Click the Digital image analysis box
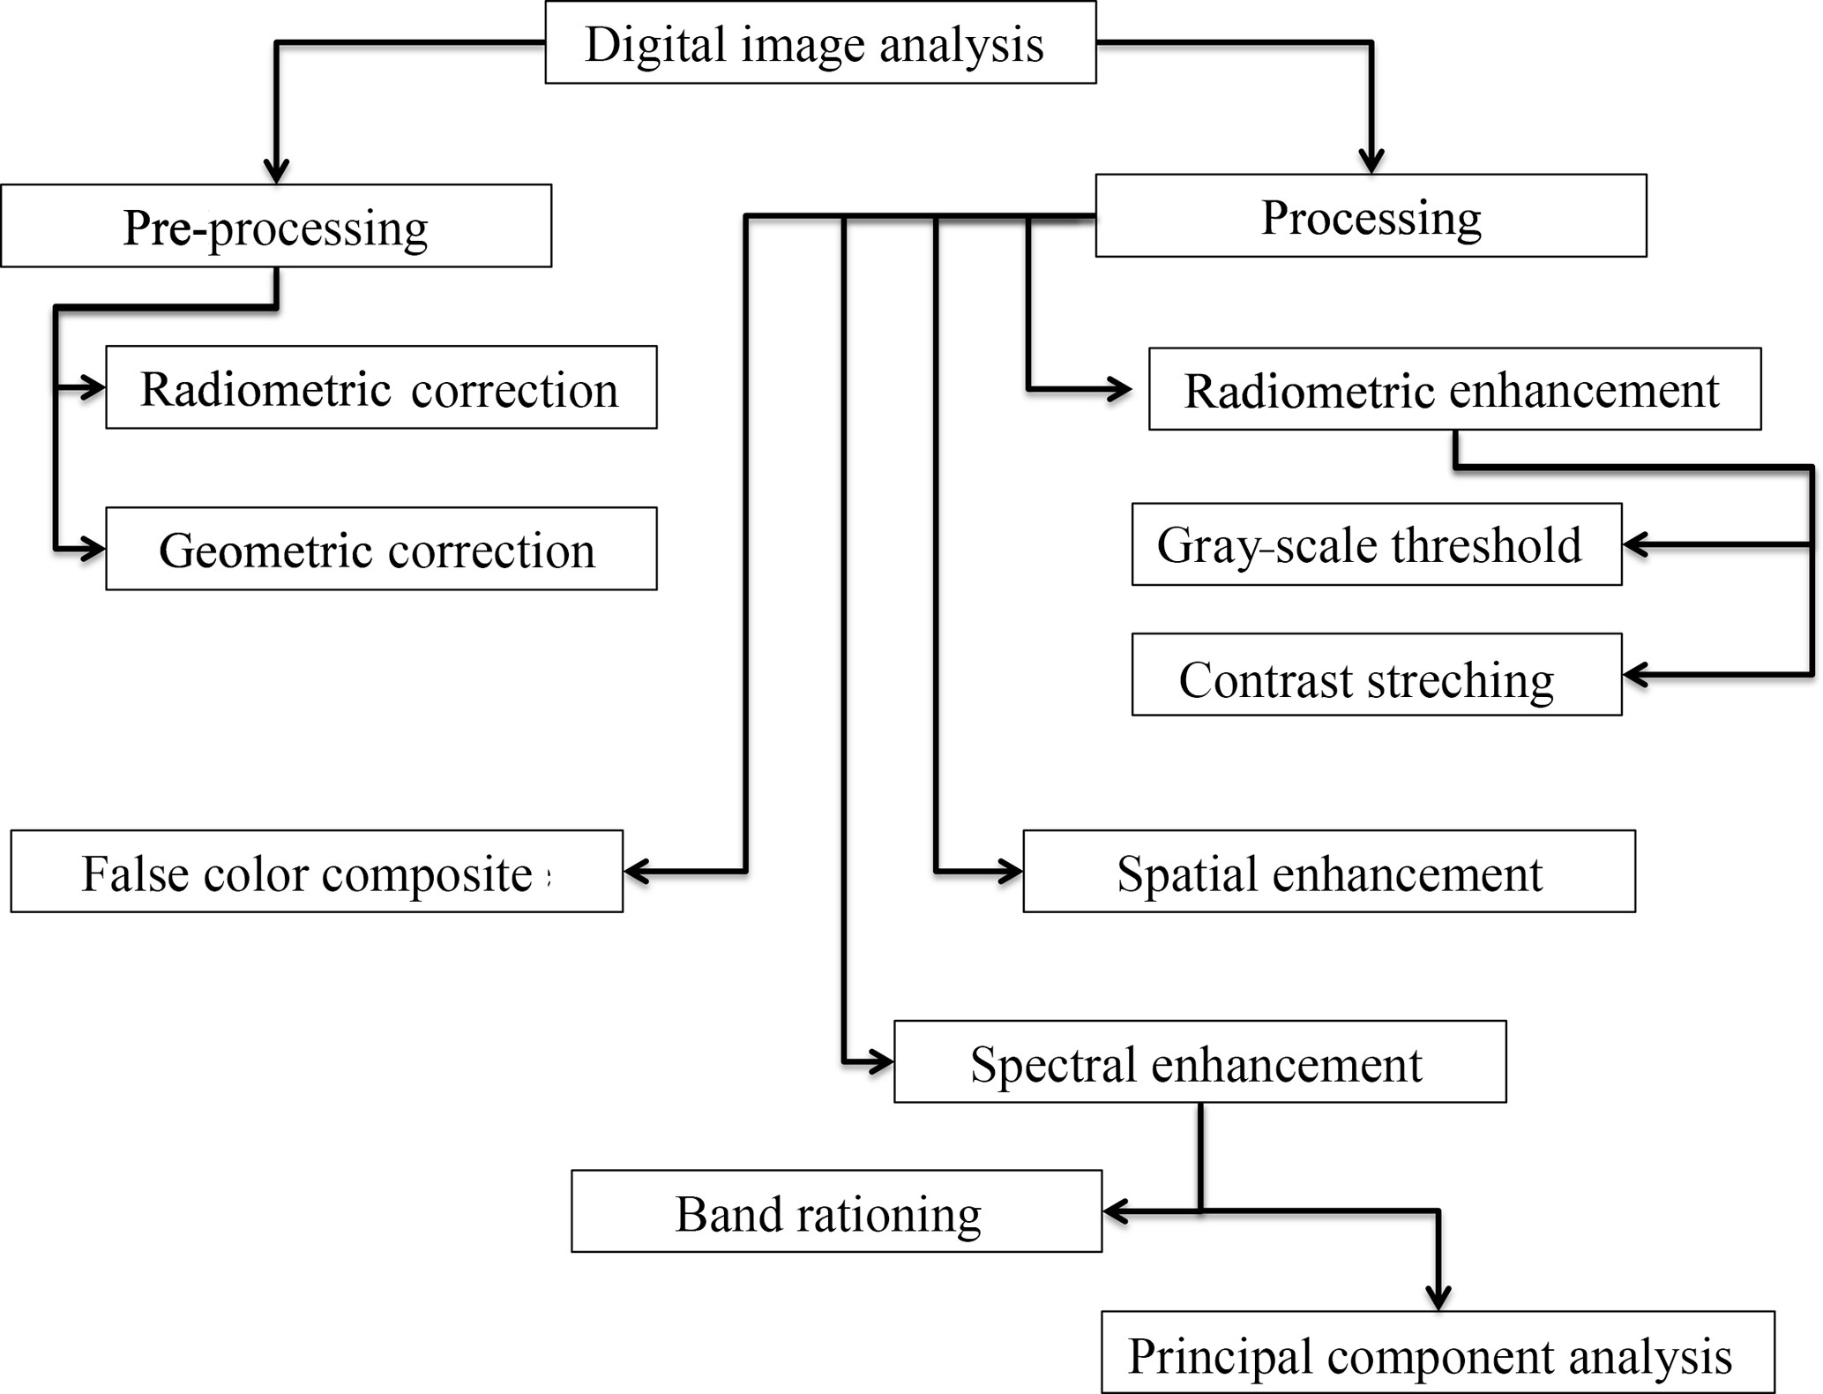820,42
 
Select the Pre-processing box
276,226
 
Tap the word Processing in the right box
1371,217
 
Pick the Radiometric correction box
381,387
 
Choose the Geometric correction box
381,549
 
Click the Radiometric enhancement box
1454,389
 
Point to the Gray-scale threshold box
1376,544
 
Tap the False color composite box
317,872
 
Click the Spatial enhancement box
1328,872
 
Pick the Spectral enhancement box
1199,1062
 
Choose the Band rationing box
836,1211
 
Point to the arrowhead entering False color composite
636,872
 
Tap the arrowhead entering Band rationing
1116,1211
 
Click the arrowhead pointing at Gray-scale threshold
1635,544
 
